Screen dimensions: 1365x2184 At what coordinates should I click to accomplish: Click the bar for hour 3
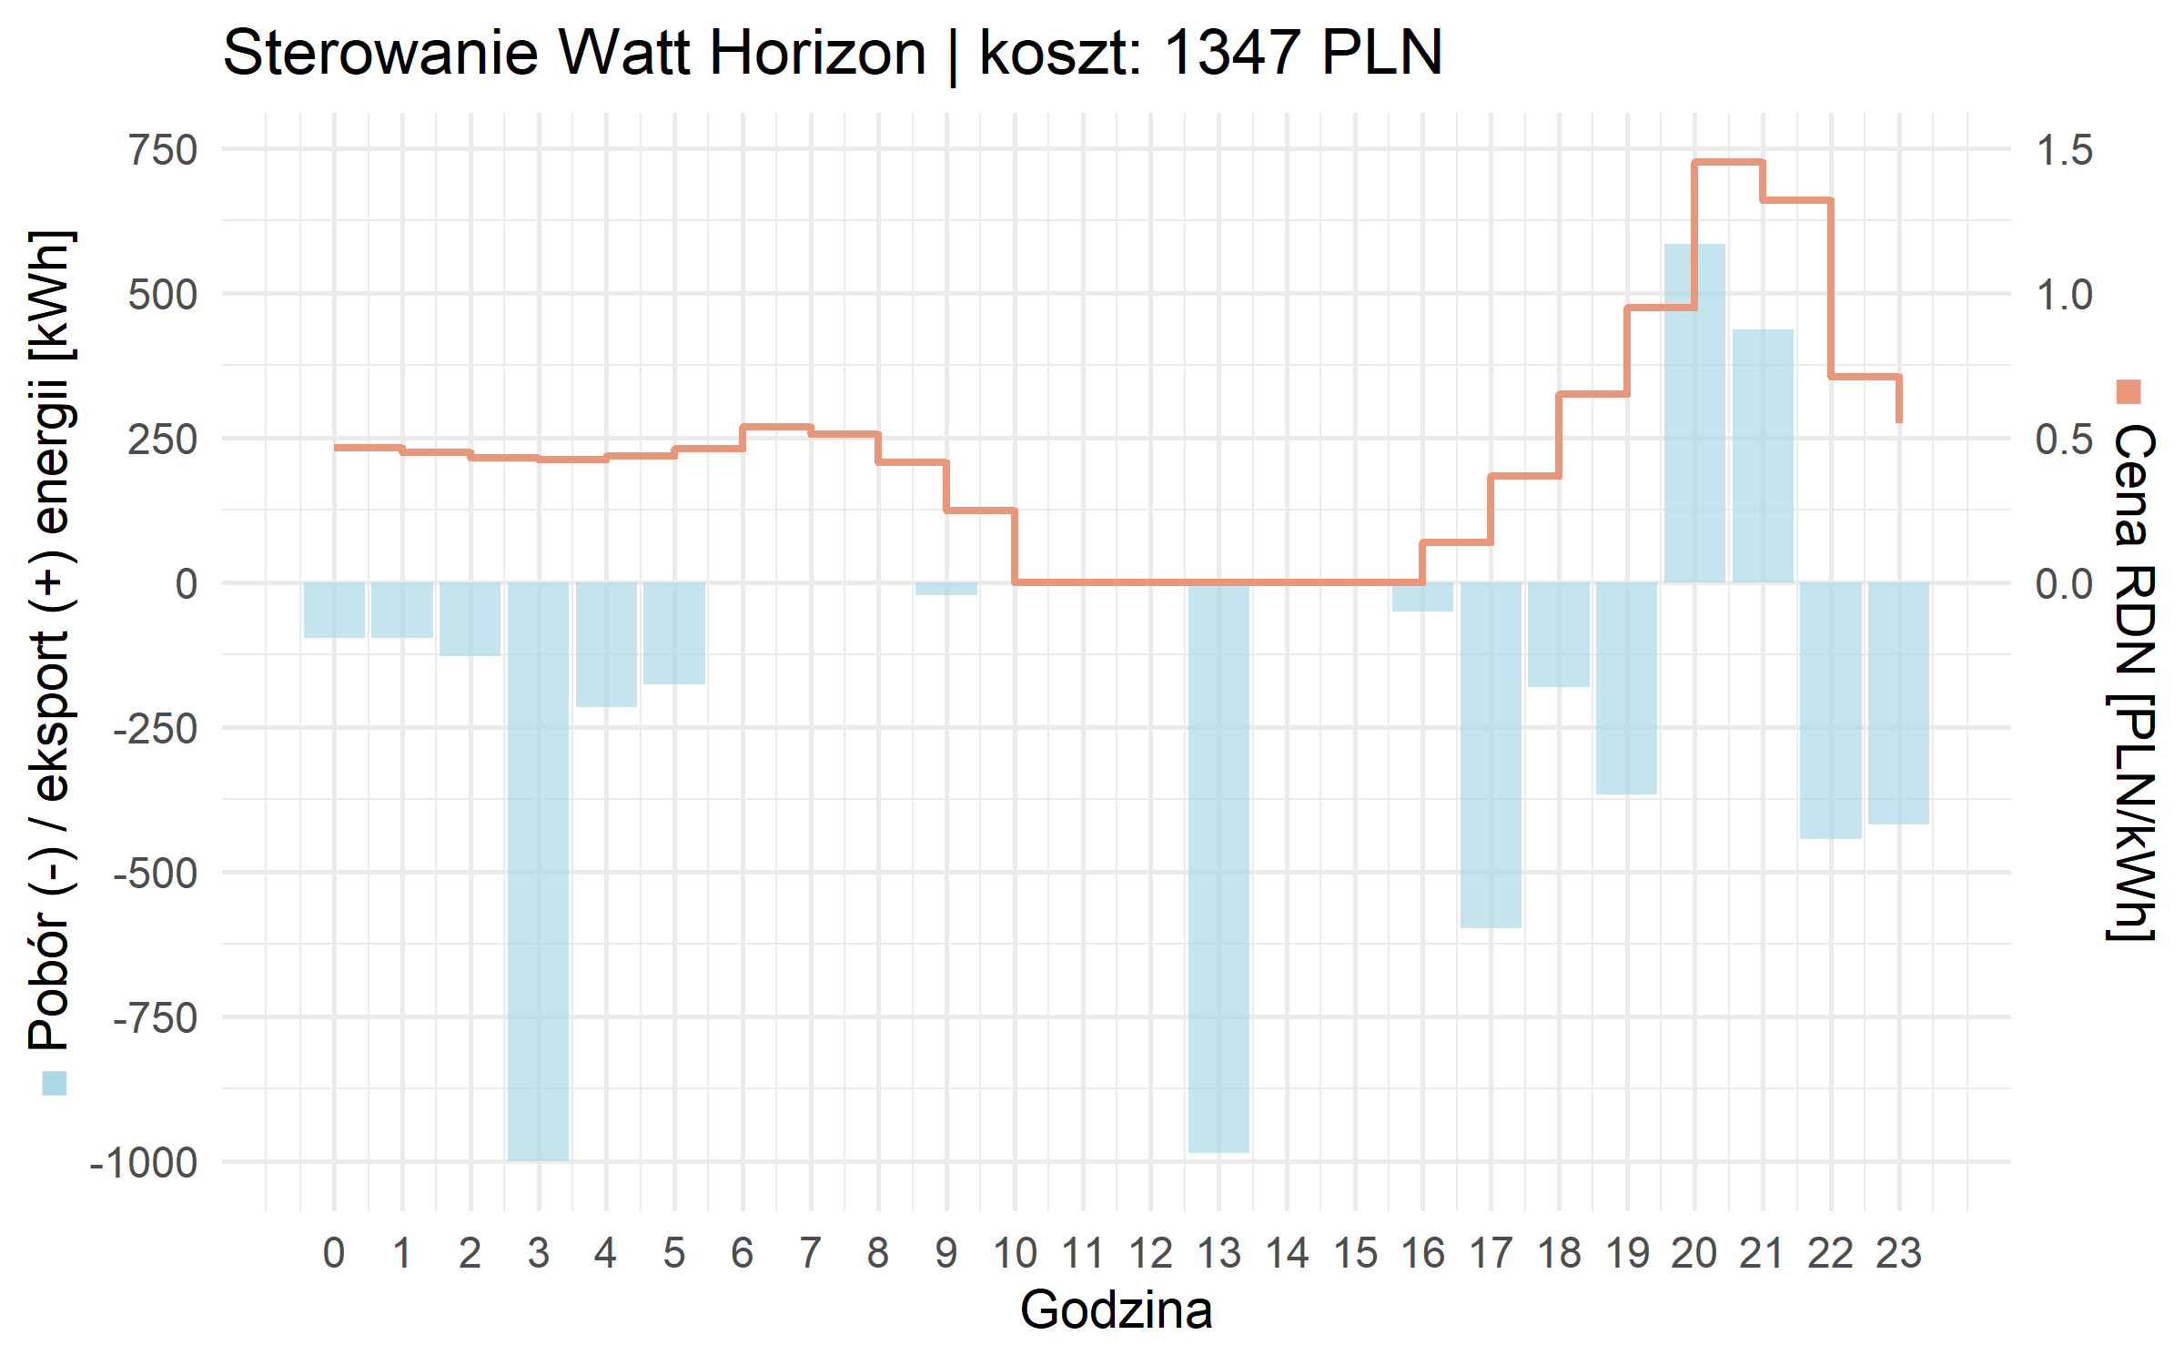click(x=538, y=871)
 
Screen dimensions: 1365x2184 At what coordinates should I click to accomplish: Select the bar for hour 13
click(x=1218, y=867)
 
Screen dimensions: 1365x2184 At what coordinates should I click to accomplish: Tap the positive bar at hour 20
click(x=1694, y=413)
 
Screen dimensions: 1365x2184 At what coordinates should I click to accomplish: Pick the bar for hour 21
click(x=1763, y=456)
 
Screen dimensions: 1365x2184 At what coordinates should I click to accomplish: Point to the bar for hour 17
click(x=1491, y=754)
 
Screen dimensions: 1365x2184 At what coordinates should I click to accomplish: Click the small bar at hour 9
click(x=946, y=589)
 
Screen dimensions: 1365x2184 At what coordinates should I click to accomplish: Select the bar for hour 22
click(x=1830, y=710)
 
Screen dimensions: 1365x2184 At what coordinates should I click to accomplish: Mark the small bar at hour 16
click(x=1422, y=597)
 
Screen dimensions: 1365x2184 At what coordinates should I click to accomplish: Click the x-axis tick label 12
click(x=1150, y=1254)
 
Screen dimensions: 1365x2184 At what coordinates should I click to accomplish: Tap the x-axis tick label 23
click(x=1898, y=1254)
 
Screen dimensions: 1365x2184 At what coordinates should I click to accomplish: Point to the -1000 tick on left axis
click(x=144, y=1163)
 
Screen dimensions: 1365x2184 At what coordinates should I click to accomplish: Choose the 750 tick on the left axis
click(x=164, y=150)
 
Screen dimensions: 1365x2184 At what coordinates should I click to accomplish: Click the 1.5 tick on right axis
click(x=2064, y=150)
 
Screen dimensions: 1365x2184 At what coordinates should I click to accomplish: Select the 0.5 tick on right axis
click(x=2064, y=440)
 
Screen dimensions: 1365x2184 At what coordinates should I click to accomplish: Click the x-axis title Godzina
click(x=1116, y=1310)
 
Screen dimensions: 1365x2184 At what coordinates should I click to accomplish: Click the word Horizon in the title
click(x=818, y=53)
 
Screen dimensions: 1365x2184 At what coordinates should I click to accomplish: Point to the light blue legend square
click(x=55, y=1083)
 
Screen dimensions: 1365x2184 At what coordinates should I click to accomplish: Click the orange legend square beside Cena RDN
click(x=2128, y=392)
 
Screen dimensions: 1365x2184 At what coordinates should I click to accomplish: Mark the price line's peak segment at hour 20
click(x=1729, y=163)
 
